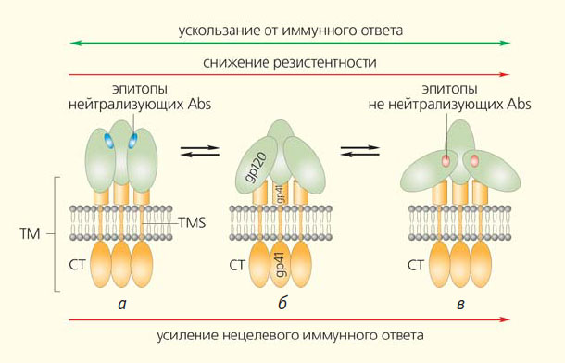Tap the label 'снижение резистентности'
point(290,63)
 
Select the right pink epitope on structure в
point(474,160)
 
